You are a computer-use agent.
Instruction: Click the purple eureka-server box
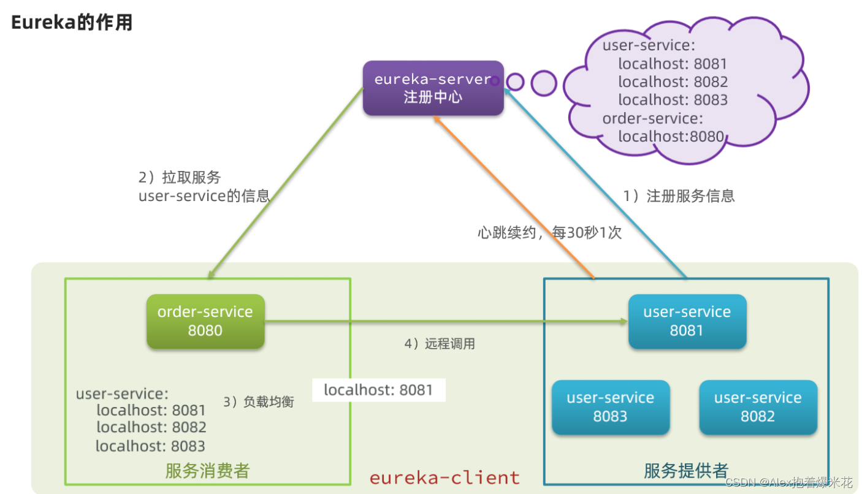(x=433, y=88)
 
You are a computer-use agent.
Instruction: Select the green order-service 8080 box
(x=205, y=321)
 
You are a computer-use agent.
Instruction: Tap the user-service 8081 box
(x=687, y=321)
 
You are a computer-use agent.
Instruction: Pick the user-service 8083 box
(x=610, y=407)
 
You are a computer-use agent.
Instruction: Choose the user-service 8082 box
(x=758, y=407)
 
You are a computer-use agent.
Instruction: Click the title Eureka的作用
(x=72, y=23)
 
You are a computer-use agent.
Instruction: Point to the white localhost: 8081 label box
(x=378, y=390)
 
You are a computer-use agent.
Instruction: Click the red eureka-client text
(x=444, y=477)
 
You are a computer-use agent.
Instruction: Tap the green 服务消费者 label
(x=207, y=470)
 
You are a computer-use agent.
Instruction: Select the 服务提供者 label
(x=686, y=470)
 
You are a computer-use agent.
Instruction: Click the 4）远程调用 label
(x=439, y=343)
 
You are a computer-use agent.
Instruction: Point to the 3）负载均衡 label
(x=258, y=401)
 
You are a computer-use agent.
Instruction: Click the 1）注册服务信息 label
(x=679, y=196)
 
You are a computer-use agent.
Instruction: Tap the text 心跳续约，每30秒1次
(x=549, y=233)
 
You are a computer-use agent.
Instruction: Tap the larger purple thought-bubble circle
(x=543, y=83)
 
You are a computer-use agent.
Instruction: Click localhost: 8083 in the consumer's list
(x=150, y=446)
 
